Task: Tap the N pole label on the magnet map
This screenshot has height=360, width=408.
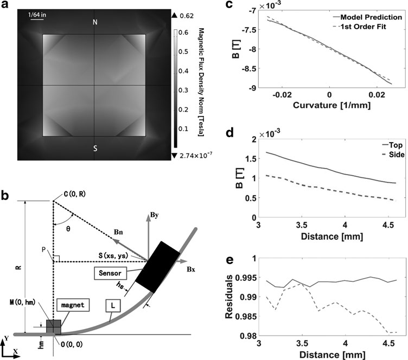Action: pyautogui.click(x=94, y=23)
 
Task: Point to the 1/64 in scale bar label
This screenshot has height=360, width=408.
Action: pyautogui.click(x=36, y=15)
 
